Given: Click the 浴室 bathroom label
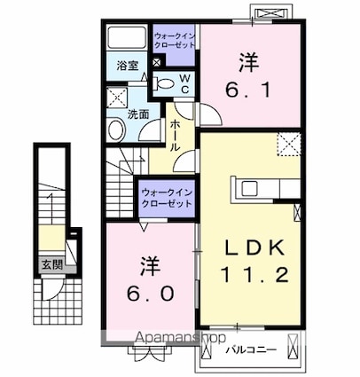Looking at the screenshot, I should (x=127, y=65).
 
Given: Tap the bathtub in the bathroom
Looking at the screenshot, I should (x=127, y=40).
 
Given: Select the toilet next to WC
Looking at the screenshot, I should (x=164, y=83).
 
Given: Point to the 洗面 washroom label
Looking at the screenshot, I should (x=137, y=114).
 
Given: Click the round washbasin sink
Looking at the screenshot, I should (x=116, y=130).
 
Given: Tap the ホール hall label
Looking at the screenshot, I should (x=176, y=134).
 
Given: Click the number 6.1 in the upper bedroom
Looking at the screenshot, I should (x=250, y=90).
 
